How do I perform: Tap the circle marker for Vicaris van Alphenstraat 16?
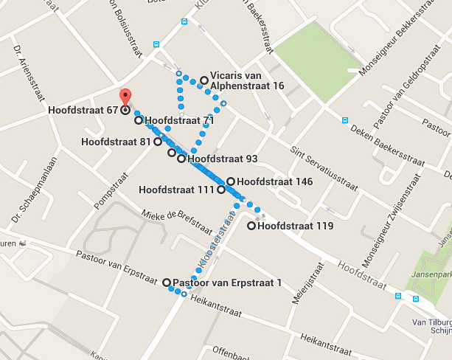click(x=204, y=80)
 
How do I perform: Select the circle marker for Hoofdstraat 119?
click(x=251, y=226)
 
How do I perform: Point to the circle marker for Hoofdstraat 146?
click(x=230, y=181)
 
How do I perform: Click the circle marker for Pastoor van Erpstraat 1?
click(x=166, y=282)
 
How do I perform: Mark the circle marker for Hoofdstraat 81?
click(x=157, y=142)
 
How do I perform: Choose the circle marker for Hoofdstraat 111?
click(x=220, y=190)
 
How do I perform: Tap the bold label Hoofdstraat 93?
click(x=222, y=158)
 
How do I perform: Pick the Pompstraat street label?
click(x=106, y=187)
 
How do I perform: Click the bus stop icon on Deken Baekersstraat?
click(x=344, y=120)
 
